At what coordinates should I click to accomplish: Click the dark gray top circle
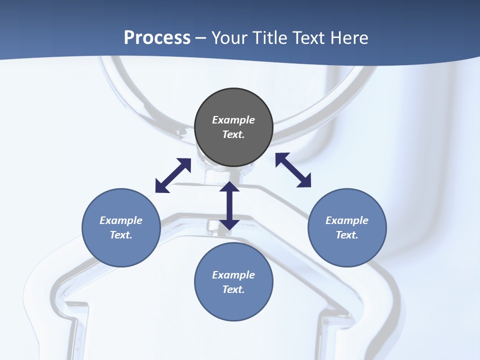click(x=233, y=127)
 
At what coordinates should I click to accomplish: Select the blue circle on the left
click(x=121, y=227)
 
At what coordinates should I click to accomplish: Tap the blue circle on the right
click(x=347, y=227)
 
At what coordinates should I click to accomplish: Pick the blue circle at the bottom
click(x=233, y=282)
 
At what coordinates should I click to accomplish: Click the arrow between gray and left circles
click(x=173, y=175)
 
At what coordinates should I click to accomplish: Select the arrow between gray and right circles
click(x=293, y=170)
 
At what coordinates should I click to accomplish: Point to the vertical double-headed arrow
click(x=229, y=205)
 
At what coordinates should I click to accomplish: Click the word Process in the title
click(x=157, y=37)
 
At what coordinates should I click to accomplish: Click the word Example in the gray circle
click(x=233, y=120)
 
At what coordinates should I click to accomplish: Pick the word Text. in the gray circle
click(x=233, y=134)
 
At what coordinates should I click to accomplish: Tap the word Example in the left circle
click(x=121, y=220)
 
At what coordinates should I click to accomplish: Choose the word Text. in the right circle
click(x=347, y=235)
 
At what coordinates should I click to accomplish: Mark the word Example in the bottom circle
click(x=233, y=275)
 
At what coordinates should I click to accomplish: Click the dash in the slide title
click(x=201, y=38)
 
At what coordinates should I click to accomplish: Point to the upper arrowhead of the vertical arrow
click(x=229, y=186)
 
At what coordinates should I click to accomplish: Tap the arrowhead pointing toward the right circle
click(x=304, y=181)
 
